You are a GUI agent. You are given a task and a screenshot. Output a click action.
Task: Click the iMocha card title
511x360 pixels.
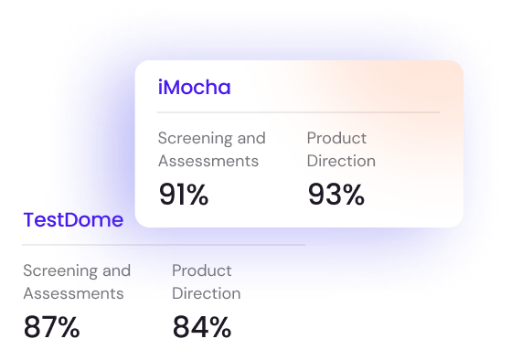pyautogui.click(x=195, y=88)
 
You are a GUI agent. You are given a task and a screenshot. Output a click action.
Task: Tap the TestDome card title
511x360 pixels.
pyautogui.click(x=72, y=220)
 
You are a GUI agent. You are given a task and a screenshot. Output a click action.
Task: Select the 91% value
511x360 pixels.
pyautogui.click(x=184, y=195)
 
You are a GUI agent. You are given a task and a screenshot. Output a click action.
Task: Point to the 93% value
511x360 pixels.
pyautogui.click(x=335, y=195)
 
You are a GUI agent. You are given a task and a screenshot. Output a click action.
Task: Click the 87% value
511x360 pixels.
pyautogui.click(x=51, y=327)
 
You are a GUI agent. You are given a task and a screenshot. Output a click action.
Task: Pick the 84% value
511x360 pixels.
pyautogui.click(x=201, y=327)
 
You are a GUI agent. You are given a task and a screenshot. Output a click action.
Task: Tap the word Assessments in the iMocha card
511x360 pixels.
pyautogui.click(x=208, y=161)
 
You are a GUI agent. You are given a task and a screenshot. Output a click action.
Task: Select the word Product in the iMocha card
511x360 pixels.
pyautogui.click(x=336, y=138)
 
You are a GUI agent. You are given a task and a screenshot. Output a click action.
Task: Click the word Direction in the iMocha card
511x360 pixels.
pyautogui.click(x=341, y=161)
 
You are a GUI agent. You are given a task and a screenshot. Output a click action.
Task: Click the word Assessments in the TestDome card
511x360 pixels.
pyautogui.click(x=73, y=293)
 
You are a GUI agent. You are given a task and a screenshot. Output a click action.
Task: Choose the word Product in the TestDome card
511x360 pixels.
pyautogui.click(x=202, y=270)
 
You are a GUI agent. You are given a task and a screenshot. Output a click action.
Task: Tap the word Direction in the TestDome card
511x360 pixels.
pyautogui.click(x=207, y=293)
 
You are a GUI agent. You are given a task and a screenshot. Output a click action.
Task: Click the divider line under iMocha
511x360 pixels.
pyautogui.click(x=298, y=112)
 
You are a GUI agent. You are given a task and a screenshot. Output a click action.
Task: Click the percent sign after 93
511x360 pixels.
pyautogui.click(x=352, y=195)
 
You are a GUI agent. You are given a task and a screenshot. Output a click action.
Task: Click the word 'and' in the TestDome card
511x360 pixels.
pyautogui.click(x=118, y=270)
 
